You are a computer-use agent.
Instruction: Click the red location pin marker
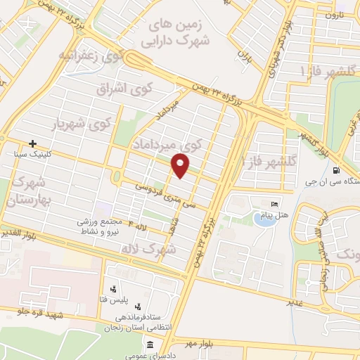click(x=181, y=166)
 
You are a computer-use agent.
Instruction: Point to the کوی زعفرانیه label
click(x=91, y=54)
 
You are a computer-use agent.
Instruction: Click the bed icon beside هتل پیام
click(x=275, y=204)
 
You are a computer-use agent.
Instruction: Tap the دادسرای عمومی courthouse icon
click(x=150, y=345)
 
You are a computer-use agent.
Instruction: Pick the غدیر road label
click(x=294, y=301)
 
